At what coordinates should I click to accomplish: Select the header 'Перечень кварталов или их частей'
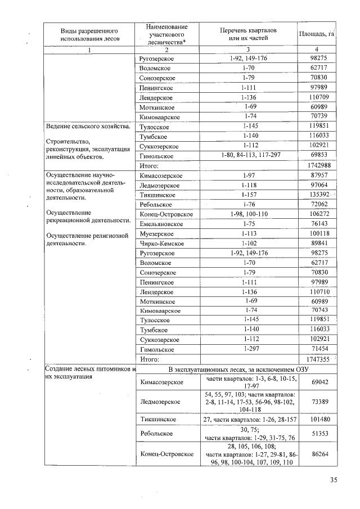click(248, 34)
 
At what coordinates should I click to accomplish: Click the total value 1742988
click(315, 166)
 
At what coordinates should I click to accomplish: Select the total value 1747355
click(315, 359)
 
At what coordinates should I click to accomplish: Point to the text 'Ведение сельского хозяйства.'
click(88, 127)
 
